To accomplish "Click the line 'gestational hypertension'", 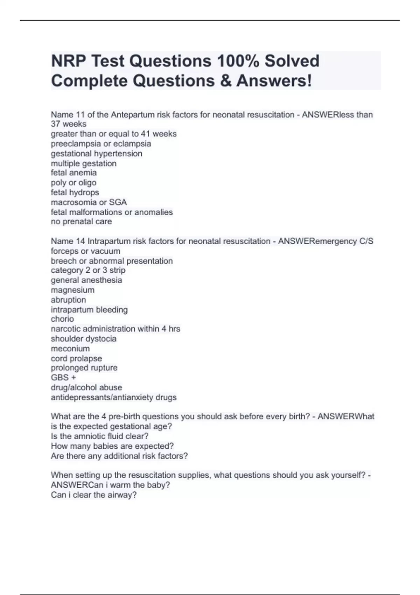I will [97, 154].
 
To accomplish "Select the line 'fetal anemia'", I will [74, 173].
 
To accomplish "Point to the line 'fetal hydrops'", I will [75, 192].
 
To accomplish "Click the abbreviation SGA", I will [118, 202].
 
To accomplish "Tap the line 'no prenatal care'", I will [82, 222].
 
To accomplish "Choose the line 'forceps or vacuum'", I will [86, 251].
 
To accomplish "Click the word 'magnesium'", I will [73, 290].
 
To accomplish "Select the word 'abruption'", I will [68, 300].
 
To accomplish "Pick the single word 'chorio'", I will [62, 319].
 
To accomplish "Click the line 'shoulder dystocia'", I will [84, 339].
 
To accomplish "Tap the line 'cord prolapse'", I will [76, 358].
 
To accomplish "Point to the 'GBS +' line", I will [63, 378].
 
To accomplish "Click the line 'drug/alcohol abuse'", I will [86, 387].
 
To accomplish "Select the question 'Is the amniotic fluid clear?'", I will [100, 436].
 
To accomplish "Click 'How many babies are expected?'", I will [112, 446].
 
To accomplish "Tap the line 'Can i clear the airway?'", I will [94, 495].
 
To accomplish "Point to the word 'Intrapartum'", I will [108, 241].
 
